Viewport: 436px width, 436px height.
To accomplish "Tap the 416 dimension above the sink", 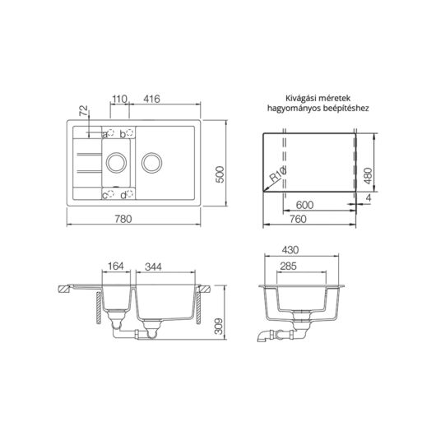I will (x=151, y=99).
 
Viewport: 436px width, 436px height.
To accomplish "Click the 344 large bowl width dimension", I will (x=153, y=266).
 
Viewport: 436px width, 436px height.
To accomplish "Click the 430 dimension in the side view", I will (x=289, y=250).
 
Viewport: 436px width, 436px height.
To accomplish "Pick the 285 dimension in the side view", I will (x=289, y=266).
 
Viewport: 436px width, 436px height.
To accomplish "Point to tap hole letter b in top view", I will (x=123, y=132).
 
